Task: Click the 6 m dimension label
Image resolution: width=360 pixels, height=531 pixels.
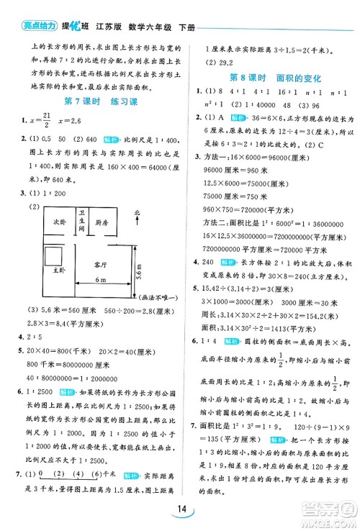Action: tap(99, 299)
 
